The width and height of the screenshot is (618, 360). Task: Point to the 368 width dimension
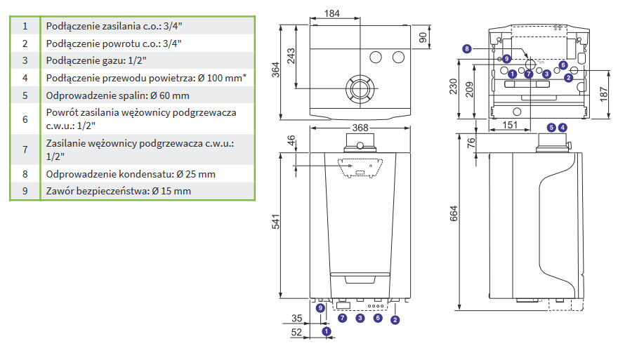tap(360, 128)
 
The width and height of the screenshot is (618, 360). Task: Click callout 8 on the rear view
tap(466, 48)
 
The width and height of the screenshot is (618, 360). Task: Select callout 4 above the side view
tap(562, 127)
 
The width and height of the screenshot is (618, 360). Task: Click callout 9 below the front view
tap(320, 308)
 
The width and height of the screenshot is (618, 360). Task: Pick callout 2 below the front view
tap(395, 320)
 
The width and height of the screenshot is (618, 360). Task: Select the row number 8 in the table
tap(25, 173)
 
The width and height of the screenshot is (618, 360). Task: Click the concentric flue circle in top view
tap(359, 89)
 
